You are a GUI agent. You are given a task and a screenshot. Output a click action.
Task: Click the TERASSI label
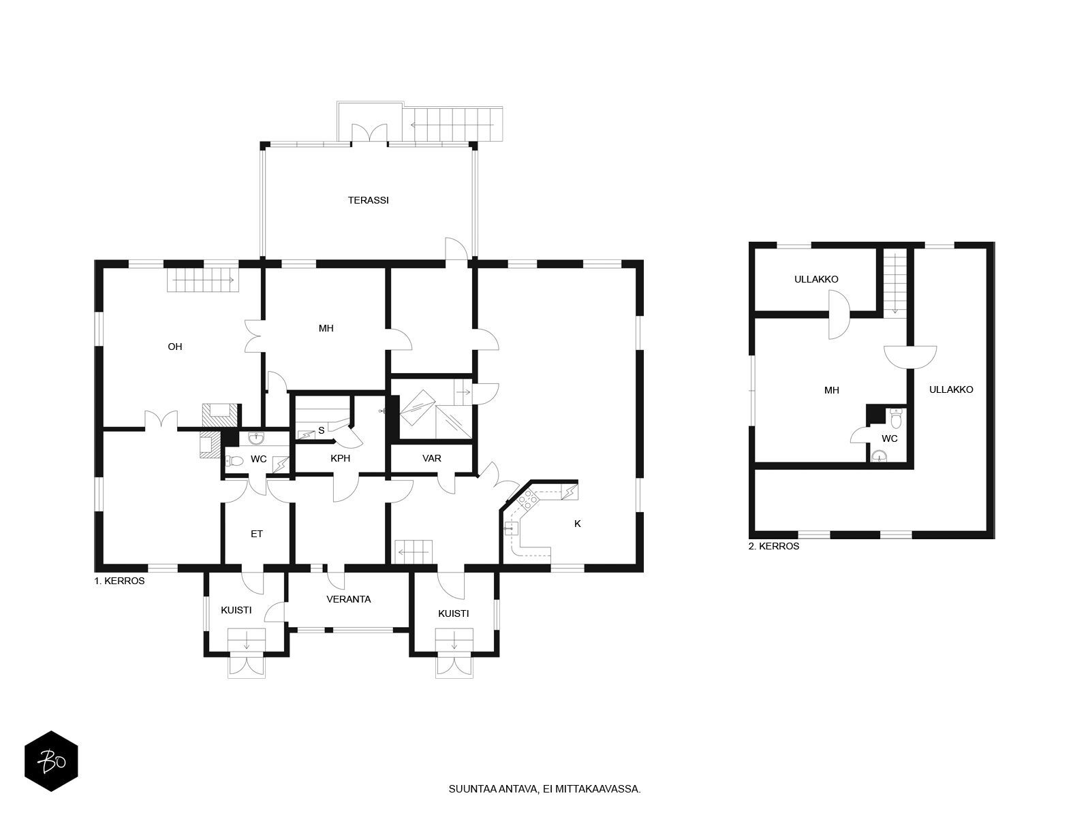pos(368,200)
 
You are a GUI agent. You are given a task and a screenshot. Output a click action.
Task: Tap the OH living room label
pos(175,347)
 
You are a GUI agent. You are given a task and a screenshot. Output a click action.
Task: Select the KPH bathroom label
pos(340,458)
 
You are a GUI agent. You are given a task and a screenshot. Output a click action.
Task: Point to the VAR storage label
pos(431,458)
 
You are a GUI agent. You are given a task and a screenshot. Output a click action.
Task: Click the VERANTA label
pos(349,599)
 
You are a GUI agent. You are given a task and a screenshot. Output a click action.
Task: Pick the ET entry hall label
pos(256,534)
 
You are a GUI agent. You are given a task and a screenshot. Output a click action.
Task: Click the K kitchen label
pos(577,524)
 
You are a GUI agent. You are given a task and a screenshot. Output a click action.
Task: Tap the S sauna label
pos(322,430)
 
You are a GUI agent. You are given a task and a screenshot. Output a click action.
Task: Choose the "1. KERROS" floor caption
pos(119,581)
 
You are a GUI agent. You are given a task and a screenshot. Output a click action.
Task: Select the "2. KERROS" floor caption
pos(774,546)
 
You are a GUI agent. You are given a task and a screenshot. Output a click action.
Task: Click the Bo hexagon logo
pos(51,761)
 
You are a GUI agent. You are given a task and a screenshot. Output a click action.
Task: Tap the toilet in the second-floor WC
pos(895,419)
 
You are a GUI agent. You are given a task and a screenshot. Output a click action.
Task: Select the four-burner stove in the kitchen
pos(527,499)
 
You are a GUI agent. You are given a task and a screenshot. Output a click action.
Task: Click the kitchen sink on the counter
pos(511,530)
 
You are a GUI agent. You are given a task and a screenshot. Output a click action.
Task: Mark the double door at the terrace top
pos(369,133)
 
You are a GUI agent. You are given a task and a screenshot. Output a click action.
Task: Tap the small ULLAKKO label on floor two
pos(816,279)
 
